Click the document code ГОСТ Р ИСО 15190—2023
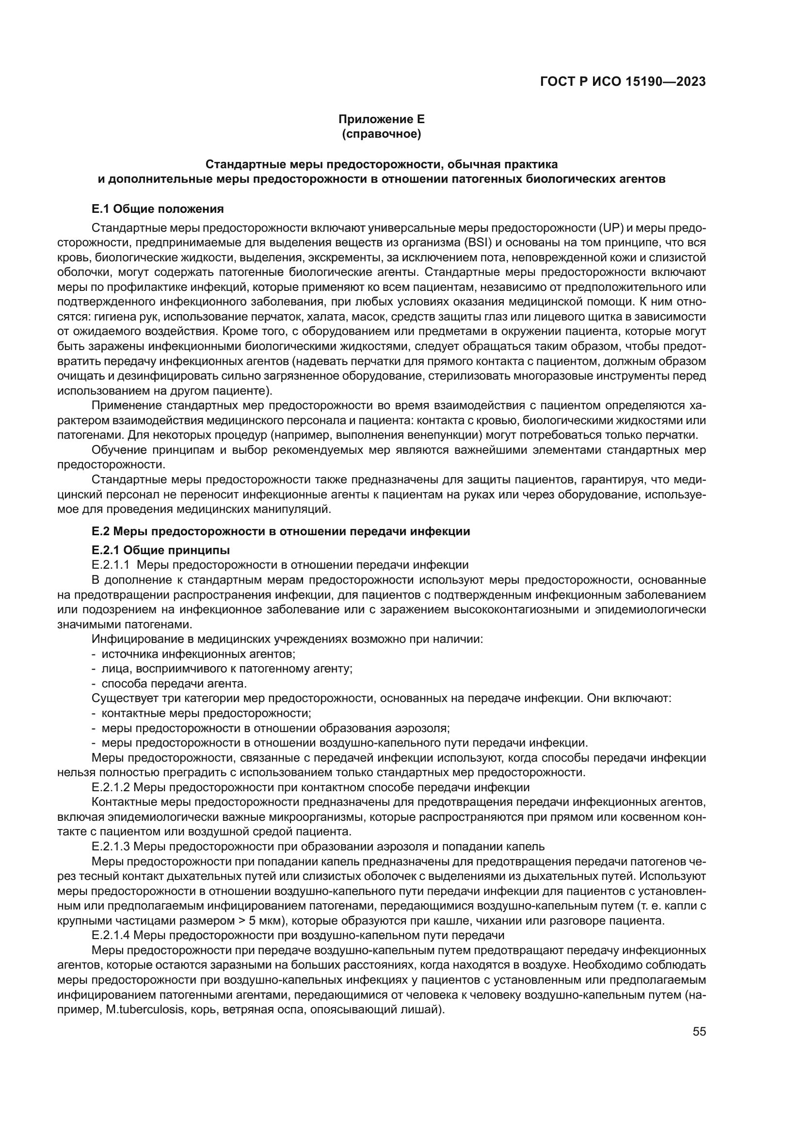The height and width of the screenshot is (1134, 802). (x=623, y=82)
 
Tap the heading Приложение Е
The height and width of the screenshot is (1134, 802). (x=381, y=119)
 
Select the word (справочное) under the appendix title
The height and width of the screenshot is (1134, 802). (x=381, y=134)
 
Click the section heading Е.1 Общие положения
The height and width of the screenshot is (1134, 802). (x=158, y=209)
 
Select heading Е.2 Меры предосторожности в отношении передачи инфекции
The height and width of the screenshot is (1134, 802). (x=280, y=531)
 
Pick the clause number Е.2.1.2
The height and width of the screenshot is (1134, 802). (x=111, y=787)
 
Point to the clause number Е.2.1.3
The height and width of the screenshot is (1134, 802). (x=111, y=846)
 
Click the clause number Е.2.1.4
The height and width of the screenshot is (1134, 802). (x=111, y=935)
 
